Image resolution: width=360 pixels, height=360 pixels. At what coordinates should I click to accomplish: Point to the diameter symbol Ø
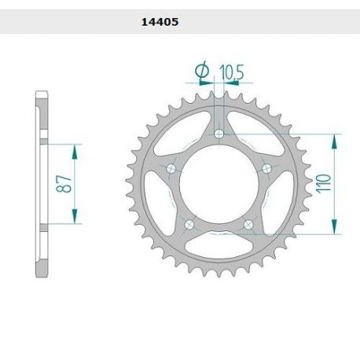pos(202,72)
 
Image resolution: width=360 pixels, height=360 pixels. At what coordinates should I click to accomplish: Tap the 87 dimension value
pos(68,186)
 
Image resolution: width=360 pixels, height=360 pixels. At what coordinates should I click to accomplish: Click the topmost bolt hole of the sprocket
pos(219,134)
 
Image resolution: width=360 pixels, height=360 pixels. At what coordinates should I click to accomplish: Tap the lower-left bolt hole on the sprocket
pos(189,226)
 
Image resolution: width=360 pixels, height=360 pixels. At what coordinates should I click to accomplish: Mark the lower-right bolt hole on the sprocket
pos(248,226)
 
